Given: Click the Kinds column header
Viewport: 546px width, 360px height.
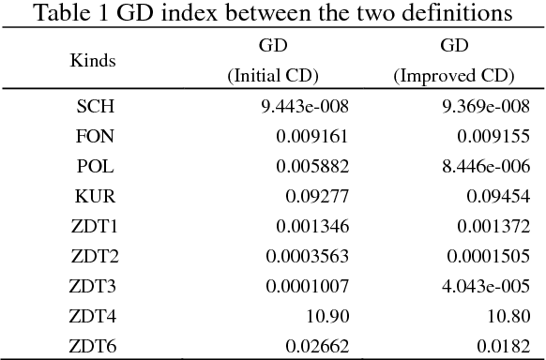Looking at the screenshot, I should [x=93, y=61].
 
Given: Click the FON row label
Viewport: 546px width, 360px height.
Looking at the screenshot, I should [x=95, y=136].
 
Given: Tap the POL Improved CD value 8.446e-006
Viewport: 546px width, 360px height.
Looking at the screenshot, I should [x=476, y=166].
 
